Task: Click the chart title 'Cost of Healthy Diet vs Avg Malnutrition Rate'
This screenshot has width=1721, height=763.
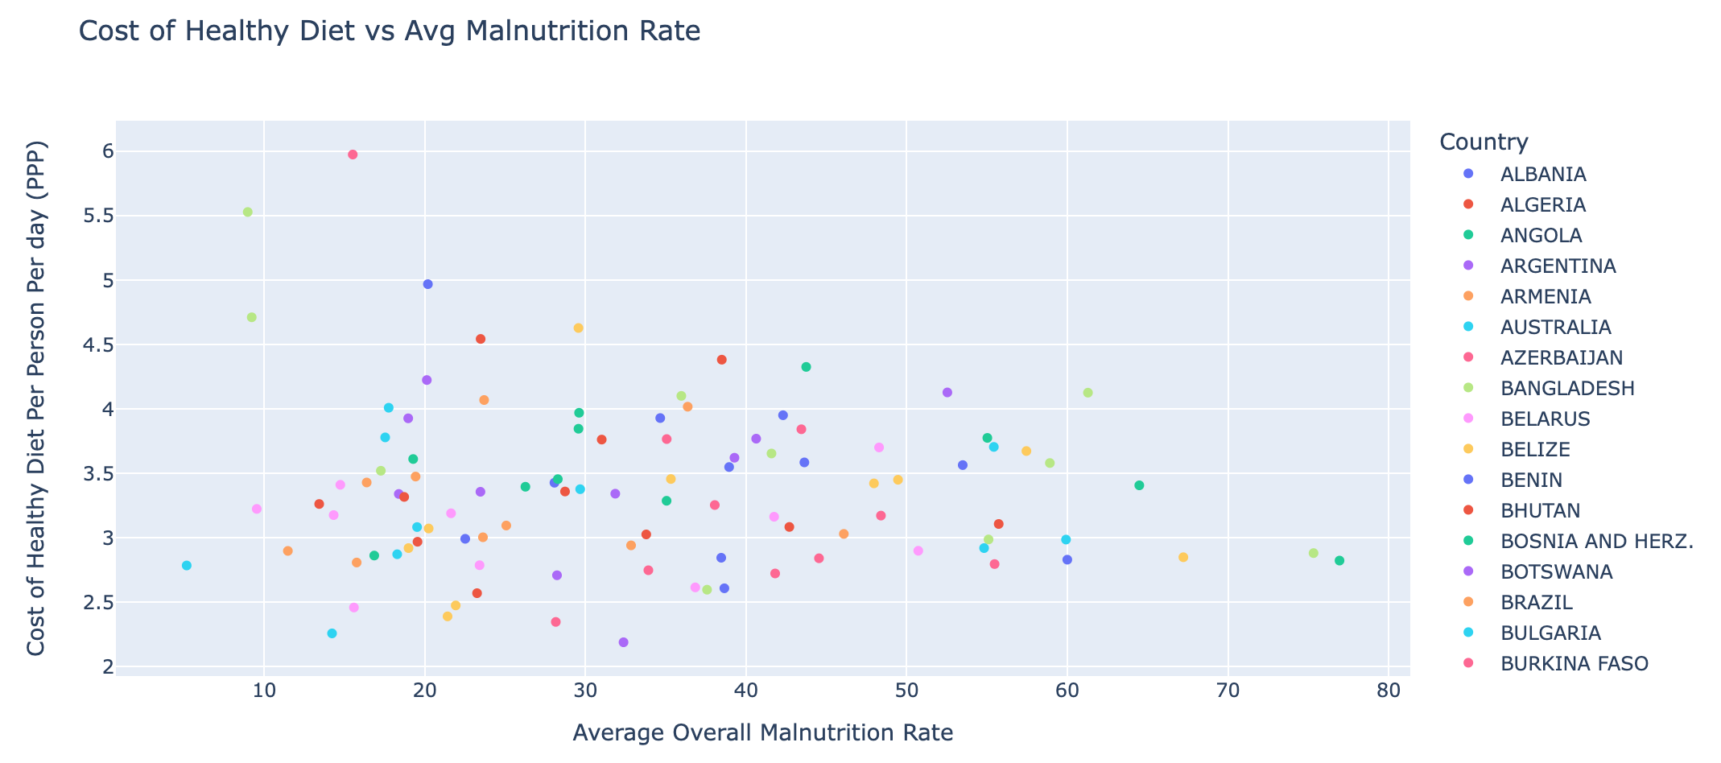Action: click(390, 32)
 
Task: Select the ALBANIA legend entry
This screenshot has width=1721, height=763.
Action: click(1542, 175)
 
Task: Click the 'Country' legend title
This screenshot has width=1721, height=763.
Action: click(1484, 142)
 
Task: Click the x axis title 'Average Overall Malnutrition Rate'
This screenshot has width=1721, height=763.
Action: click(762, 733)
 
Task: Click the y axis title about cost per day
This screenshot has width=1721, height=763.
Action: click(37, 398)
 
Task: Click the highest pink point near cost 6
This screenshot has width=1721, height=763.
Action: click(353, 155)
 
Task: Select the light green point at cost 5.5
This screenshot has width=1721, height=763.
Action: click(248, 212)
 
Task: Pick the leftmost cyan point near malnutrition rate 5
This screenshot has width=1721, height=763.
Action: click(187, 566)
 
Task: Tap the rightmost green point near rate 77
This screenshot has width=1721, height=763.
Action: click(1339, 561)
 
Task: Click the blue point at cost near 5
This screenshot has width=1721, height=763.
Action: click(428, 284)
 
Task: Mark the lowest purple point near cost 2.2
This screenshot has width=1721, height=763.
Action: click(623, 642)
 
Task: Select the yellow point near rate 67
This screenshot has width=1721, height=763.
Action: click(1183, 558)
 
